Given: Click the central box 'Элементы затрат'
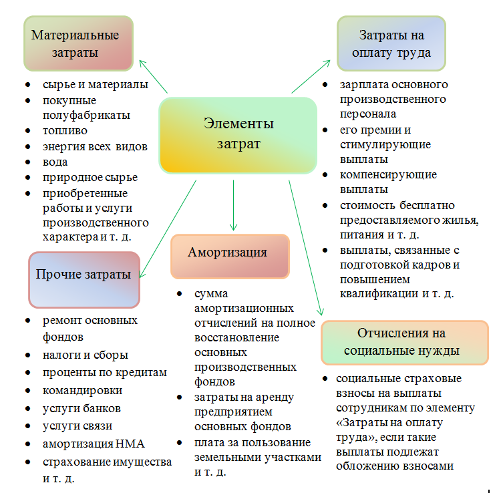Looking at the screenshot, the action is click(238, 136).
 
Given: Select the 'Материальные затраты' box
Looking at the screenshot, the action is click(78, 43).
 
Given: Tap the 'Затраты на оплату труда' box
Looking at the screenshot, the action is click(391, 43).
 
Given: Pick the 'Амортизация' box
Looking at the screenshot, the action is click(230, 257).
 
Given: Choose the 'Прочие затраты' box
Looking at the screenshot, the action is click(84, 280).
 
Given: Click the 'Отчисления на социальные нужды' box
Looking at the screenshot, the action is click(405, 343).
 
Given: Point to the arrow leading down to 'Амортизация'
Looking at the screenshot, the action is click(233, 205).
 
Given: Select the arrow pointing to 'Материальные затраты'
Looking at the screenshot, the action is click(154, 76).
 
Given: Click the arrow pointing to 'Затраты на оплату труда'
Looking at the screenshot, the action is click(311, 76).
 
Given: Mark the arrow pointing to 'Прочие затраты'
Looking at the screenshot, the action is click(168, 229).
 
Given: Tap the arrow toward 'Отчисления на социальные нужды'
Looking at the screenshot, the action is click(306, 248).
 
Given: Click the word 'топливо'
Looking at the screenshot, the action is click(65, 131).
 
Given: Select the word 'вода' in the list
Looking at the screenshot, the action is click(55, 162).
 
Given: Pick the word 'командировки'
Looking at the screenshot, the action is click(82, 391).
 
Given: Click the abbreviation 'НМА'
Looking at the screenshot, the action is click(130, 444).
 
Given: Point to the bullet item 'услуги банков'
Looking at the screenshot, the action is click(81, 408).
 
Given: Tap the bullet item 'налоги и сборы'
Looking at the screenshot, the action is click(86, 355).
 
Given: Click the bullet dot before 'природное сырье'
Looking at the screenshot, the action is click(28, 178).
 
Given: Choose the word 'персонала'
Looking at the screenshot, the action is click(368, 114).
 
